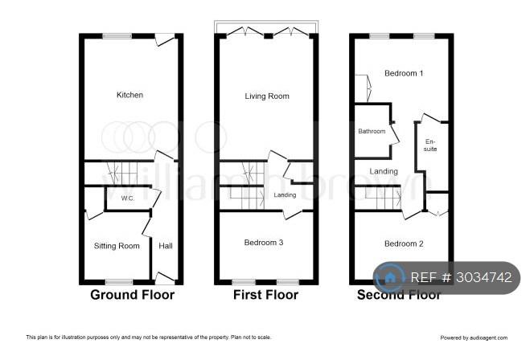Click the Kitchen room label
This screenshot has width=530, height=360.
click(x=129, y=95)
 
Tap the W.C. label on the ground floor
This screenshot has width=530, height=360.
click(x=127, y=198)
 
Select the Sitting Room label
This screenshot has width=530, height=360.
click(x=117, y=246)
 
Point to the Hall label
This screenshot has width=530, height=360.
click(x=166, y=246)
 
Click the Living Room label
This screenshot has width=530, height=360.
click(x=267, y=96)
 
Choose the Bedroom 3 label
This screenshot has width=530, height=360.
click(x=264, y=243)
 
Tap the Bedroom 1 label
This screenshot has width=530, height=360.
click(x=404, y=73)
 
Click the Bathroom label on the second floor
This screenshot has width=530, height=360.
click(x=372, y=131)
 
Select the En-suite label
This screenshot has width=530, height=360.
click(x=430, y=145)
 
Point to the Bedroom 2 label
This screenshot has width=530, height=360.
click(x=404, y=243)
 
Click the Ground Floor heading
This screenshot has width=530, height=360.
click(x=133, y=295)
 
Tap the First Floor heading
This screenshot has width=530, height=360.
click(x=265, y=295)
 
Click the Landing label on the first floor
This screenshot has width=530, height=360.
click(x=285, y=194)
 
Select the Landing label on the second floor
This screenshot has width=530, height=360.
click(x=384, y=171)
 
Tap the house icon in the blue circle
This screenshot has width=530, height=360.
click(x=390, y=277)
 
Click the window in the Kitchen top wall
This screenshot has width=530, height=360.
click(x=117, y=36)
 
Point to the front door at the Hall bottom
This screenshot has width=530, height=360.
click(x=165, y=278)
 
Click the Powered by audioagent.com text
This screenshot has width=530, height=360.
click(x=474, y=337)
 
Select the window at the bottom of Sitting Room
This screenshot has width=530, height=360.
click(x=119, y=282)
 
